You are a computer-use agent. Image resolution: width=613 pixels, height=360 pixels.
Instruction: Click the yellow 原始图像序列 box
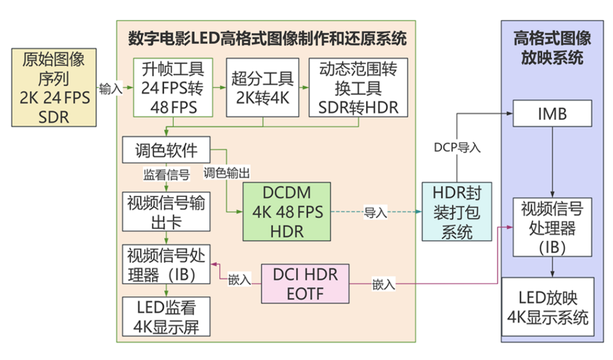click(55, 87)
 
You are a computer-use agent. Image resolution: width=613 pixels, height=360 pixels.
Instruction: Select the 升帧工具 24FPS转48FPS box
click(173, 87)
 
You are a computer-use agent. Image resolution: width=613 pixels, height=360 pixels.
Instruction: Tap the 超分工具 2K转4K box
click(262, 87)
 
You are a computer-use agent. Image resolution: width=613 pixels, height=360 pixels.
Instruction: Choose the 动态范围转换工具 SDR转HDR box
click(358, 87)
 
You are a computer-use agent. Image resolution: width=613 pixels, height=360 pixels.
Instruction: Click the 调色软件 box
click(167, 150)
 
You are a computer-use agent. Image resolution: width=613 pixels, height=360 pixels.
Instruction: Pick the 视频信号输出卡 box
click(167, 213)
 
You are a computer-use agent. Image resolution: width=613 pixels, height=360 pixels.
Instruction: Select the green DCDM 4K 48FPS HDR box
click(287, 212)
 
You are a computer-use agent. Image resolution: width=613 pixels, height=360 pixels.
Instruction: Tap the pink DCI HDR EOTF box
click(305, 283)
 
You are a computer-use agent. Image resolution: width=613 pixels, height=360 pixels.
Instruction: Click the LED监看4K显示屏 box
click(167, 316)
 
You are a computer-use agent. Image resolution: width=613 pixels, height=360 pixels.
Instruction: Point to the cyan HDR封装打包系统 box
click(457, 212)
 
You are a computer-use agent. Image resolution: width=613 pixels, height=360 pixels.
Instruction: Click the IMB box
click(552, 113)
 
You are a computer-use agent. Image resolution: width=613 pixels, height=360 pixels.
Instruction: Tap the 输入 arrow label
click(111, 89)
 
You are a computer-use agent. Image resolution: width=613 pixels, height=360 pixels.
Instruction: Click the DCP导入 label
click(457, 147)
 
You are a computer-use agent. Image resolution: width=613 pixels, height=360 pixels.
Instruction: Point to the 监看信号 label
click(166, 173)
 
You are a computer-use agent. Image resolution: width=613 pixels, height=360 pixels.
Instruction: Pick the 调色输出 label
click(226, 173)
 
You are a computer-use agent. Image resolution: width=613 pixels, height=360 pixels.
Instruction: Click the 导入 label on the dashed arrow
click(375, 213)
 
